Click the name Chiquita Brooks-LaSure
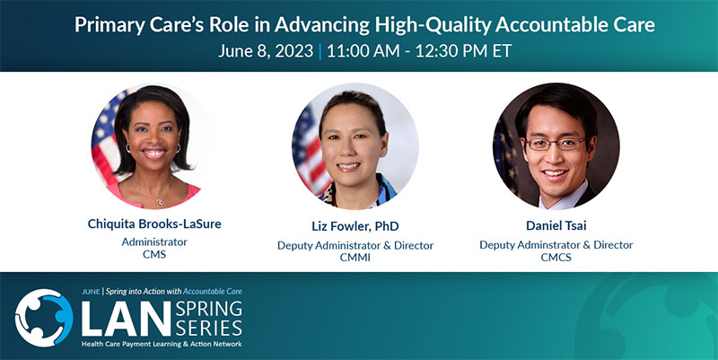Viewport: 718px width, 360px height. [x=154, y=224]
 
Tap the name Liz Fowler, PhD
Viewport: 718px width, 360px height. [x=355, y=226]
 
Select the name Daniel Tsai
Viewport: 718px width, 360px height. [x=556, y=225]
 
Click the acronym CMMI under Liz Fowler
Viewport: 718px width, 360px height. [x=355, y=258]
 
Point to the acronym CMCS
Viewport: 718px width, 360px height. [x=556, y=257]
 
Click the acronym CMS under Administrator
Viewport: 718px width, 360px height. [x=154, y=254]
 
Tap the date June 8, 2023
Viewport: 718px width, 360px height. [x=266, y=51]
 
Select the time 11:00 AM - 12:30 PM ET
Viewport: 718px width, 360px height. [x=419, y=51]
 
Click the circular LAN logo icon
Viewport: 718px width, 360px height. [x=44, y=318]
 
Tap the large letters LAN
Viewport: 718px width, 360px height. [x=126, y=318]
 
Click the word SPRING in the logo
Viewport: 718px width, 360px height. [x=209, y=308]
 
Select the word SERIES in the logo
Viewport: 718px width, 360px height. [x=209, y=328]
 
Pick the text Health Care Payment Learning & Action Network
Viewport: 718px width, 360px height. [x=162, y=344]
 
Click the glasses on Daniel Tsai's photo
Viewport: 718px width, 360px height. [x=556, y=144]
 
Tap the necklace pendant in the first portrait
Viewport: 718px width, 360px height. [x=160, y=200]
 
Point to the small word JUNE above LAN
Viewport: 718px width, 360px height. [x=92, y=292]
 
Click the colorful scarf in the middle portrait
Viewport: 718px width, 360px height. [x=357, y=192]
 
